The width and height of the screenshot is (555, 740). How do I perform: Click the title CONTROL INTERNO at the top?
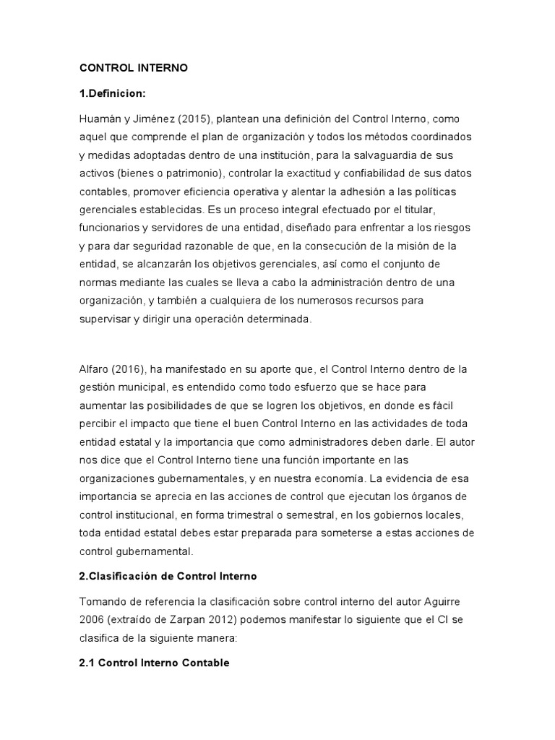click(133, 68)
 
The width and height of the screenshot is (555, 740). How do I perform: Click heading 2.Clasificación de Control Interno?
click(168, 576)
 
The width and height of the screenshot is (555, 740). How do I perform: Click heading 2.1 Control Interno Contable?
click(154, 663)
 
